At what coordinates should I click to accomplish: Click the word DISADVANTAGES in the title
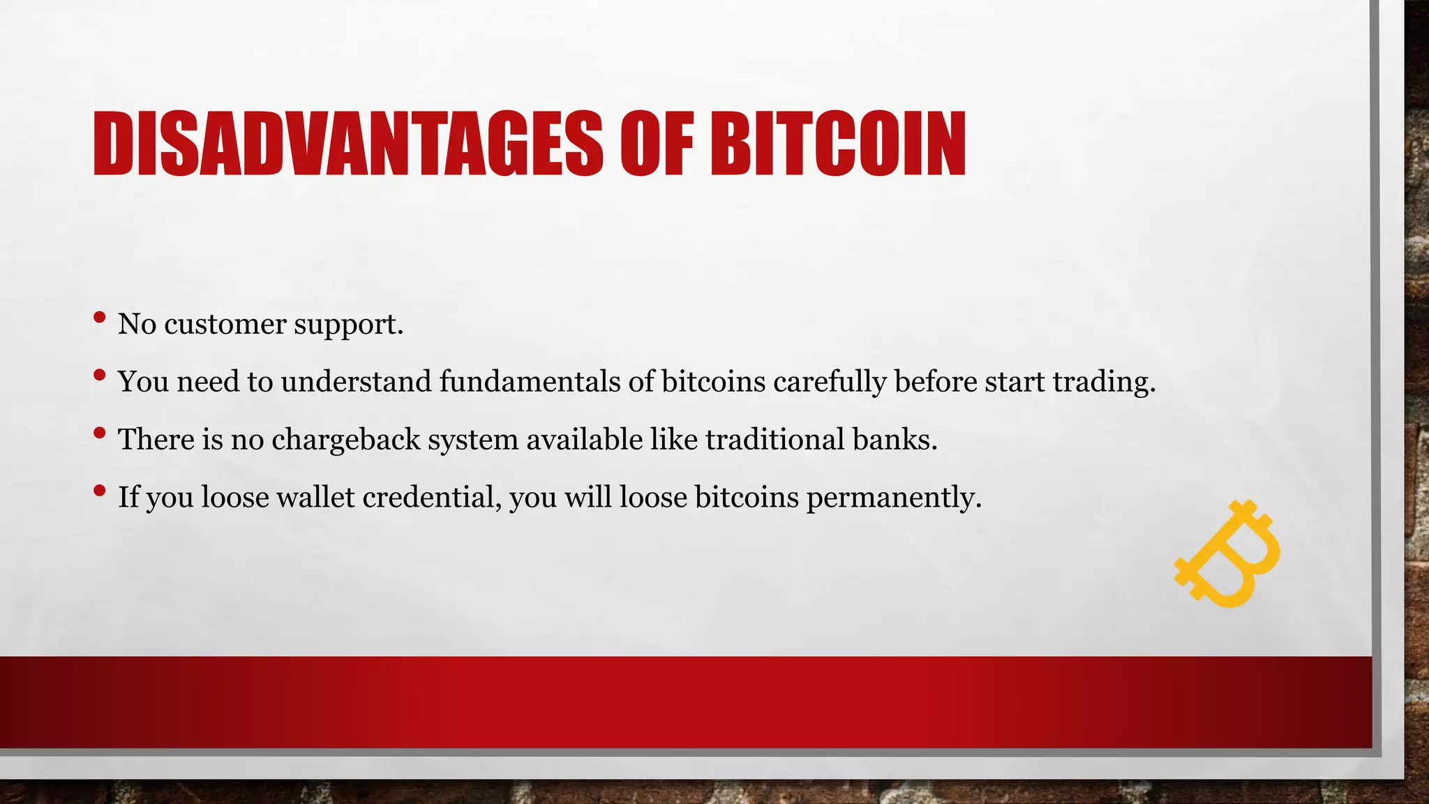click(x=347, y=144)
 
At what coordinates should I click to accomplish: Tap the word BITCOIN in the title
click(x=838, y=144)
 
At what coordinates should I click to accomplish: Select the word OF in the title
click(x=657, y=144)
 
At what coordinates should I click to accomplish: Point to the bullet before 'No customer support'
click(x=99, y=318)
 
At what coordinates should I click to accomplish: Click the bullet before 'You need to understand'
click(x=99, y=376)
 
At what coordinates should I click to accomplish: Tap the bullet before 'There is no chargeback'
click(x=99, y=434)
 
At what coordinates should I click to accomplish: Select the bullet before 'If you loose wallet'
click(x=99, y=491)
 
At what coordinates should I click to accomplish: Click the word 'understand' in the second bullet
click(x=357, y=382)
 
